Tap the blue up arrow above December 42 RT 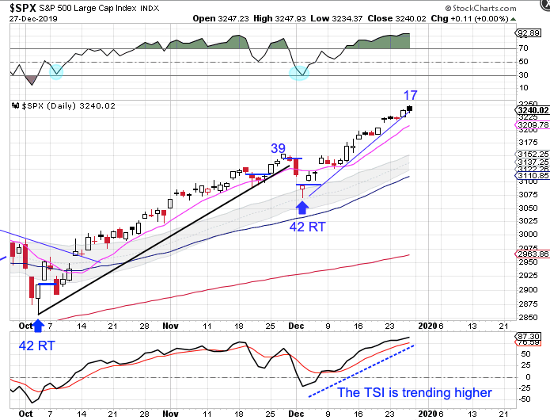click(x=302, y=208)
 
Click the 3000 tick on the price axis click(x=527, y=235)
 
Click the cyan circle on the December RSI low click(x=298, y=72)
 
